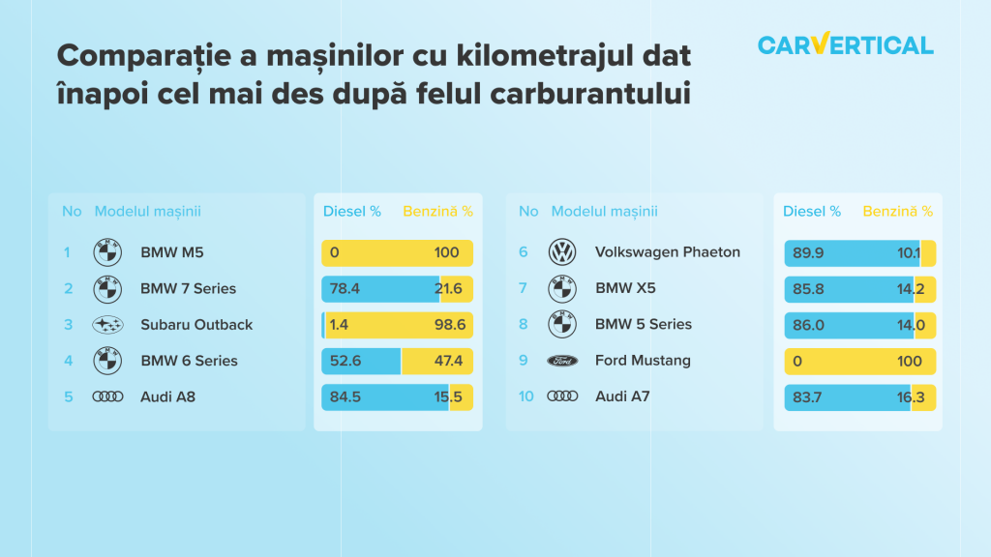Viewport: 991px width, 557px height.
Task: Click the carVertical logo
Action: pos(846,44)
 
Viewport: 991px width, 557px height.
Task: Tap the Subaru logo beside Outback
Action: pos(107,325)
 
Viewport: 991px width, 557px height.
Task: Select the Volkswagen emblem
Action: pos(562,252)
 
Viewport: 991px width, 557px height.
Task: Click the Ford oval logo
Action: pos(562,361)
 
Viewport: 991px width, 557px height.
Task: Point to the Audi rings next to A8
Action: pos(107,396)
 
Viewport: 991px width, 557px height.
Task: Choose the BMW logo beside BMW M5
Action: pos(107,252)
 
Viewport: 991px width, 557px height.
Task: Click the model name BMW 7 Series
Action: pos(189,288)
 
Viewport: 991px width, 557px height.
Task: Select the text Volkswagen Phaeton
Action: pos(668,252)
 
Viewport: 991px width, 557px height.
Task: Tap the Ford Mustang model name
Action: pos(643,361)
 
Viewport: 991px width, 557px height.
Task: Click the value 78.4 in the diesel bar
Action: pos(345,288)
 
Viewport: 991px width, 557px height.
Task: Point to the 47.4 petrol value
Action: pos(448,361)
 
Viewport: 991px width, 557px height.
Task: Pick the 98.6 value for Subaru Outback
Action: pos(450,325)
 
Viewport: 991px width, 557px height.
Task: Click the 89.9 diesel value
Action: pos(808,252)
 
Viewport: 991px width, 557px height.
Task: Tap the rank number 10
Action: pos(526,396)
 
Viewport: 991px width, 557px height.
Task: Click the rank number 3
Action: pos(69,325)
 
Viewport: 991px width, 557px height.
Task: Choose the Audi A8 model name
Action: pos(167,396)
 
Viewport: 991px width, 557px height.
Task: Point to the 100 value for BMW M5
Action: pos(446,252)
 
